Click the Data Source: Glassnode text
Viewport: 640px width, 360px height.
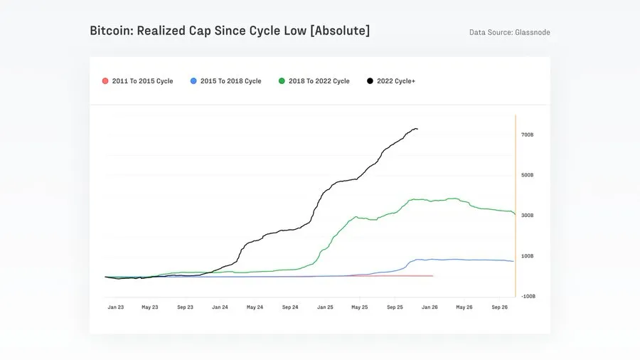coord(509,33)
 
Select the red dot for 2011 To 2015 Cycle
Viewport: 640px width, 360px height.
coord(105,81)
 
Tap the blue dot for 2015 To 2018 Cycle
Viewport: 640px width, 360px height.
coord(193,81)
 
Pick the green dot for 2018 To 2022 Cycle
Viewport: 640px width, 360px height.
coord(282,81)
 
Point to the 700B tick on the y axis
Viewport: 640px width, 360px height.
coord(526,134)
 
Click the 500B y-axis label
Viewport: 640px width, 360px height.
coord(526,175)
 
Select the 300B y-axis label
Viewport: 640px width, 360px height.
coord(526,216)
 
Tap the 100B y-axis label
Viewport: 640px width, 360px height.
coord(526,256)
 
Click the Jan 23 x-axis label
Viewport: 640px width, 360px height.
coord(116,307)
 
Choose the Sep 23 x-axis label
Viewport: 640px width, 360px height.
coord(186,307)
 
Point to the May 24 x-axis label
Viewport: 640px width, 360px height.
coord(255,307)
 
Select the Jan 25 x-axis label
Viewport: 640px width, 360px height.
coord(325,307)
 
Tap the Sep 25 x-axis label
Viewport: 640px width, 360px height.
coord(395,307)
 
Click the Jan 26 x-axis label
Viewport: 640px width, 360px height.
coord(430,307)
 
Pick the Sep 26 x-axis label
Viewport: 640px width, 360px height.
coord(499,307)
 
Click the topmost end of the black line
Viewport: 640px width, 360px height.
coord(416,129)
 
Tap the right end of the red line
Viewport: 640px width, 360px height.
coord(432,275)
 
